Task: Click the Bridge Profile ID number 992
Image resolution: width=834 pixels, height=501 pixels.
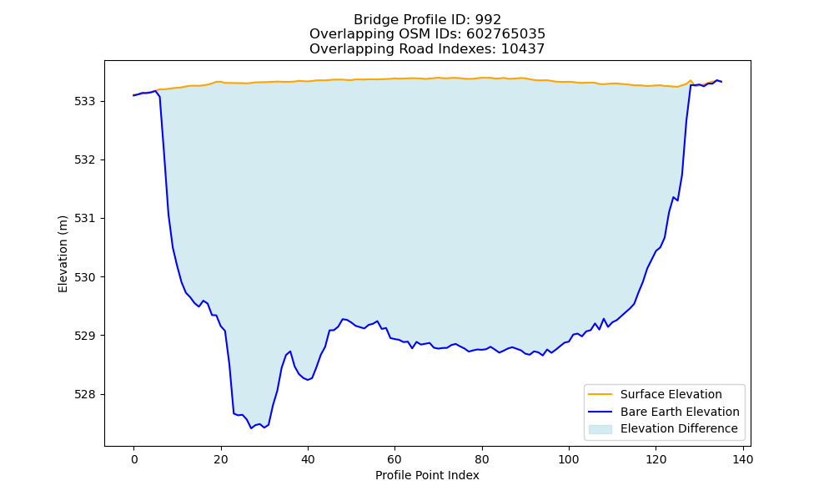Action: click(x=488, y=20)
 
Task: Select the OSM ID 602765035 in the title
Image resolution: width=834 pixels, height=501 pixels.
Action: click(x=506, y=34)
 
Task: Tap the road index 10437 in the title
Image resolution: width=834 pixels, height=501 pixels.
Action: click(x=523, y=49)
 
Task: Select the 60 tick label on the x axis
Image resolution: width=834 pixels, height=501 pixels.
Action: click(x=394, y=459)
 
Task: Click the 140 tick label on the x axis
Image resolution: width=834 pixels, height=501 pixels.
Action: click(x=743, y=459)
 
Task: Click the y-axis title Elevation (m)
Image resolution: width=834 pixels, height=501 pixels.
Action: click(x=63, y=254)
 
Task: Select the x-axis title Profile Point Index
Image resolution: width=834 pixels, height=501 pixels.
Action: click(x=427, y=475)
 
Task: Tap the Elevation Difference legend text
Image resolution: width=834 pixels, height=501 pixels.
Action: click(x=679, y=428)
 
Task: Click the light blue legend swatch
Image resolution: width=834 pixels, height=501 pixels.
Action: click(x=600, y=429)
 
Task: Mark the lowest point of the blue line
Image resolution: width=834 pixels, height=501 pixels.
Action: click(x=251, y=428)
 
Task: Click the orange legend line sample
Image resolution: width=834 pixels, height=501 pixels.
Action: click(x=600, y=394)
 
